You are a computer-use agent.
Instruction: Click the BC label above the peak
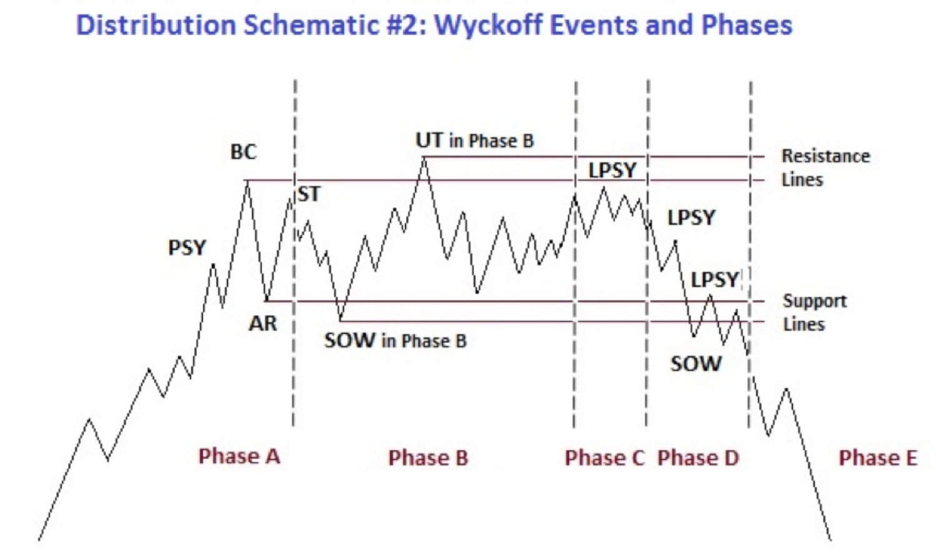244,152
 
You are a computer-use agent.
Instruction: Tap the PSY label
187,248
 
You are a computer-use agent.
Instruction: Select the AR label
263,323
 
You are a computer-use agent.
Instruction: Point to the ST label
309,194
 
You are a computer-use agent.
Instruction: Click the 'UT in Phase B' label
475,141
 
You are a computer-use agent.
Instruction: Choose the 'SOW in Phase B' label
396,340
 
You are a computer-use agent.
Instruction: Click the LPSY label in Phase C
612,170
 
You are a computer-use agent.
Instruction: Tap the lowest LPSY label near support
715,280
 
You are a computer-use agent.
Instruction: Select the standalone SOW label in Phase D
696,364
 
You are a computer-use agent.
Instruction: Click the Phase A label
239,456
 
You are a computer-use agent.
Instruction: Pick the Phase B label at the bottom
428,458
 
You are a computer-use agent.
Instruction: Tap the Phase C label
605,458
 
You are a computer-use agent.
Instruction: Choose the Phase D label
698,458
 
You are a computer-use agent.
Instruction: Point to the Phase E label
879,458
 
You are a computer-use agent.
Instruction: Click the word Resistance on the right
826,156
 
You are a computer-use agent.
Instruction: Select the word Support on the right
815,301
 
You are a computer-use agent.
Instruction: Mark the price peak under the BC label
247,181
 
